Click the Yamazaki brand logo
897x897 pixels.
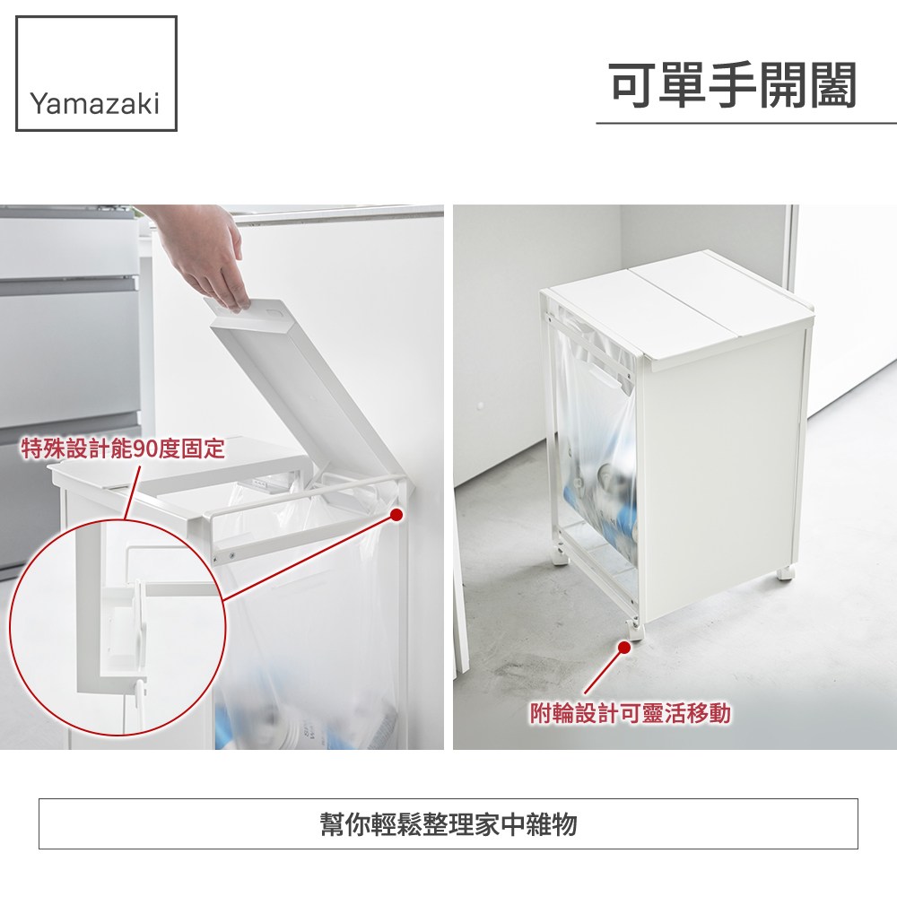coord(96,74)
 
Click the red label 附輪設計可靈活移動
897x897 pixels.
coord(630,713)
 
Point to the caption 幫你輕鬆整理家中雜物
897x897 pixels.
coord(448,824)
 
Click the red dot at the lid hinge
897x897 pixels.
coord(396,514)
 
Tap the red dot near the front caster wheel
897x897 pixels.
coord(624,647)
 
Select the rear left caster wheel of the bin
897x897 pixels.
coord(560,557)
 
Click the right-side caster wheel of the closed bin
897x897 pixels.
coord(786,573)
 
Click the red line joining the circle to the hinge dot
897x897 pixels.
coord(308,557)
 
